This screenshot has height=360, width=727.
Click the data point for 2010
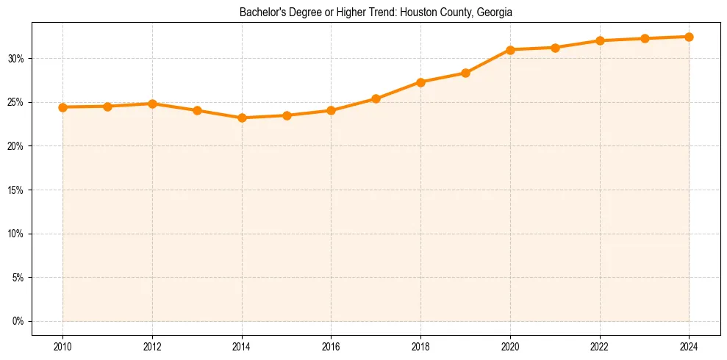[x=62, y=107]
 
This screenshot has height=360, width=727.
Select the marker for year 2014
[x=242, y=118]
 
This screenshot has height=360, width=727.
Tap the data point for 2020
[x=510, y=49]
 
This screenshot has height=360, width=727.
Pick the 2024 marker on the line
[x=689, y=37]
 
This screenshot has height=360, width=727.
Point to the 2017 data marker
[x=376, y=98]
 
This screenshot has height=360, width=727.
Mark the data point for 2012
[x=152, y=104]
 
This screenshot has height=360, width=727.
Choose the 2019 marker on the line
[x=465, y=73]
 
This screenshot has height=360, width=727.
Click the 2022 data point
[x=600, y=40]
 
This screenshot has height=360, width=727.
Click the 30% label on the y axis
[x=17, y=59]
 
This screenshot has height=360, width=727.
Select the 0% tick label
[x=19, y=322]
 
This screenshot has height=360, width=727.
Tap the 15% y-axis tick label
[x=17, y=190]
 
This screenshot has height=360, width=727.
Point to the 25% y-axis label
[x=17, y=103]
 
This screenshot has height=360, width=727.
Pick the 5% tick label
[x=19, y=278]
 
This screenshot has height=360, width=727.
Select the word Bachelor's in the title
[x=261, y=12]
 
